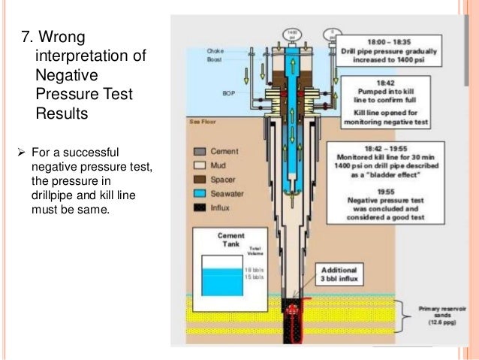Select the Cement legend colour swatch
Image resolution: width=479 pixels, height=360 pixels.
(x=198, y=150)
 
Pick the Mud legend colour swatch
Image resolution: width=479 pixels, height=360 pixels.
(x=198, y=163)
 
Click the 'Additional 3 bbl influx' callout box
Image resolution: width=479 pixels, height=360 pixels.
(x=339, y=275)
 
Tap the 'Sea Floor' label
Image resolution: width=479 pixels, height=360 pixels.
(x=197, y=120)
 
